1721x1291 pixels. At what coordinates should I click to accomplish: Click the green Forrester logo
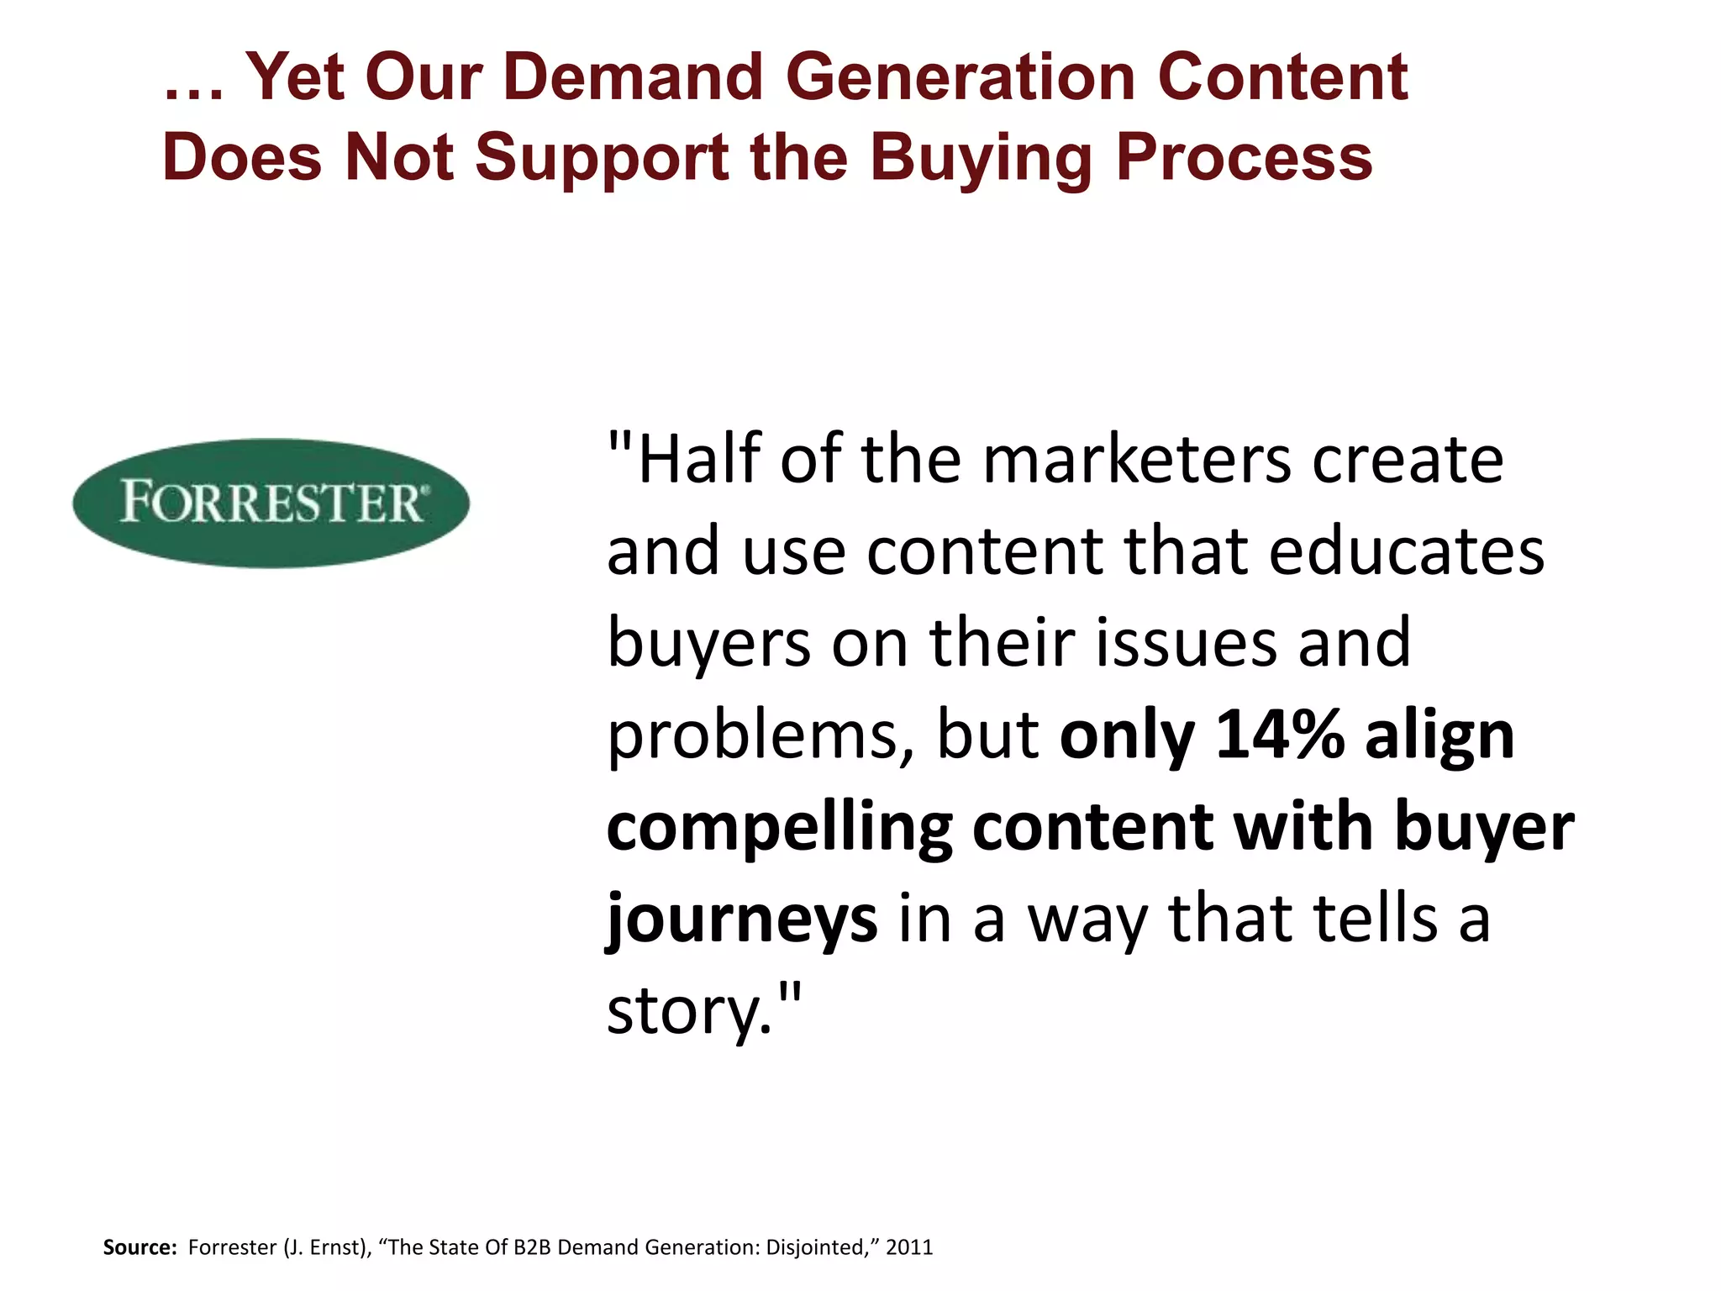pyautogui.click(x=271, y=503)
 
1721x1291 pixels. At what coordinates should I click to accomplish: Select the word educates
pyautogui.click(x=1406, y=551)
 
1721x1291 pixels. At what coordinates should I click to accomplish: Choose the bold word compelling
pyautogui.click(x=779, y=828)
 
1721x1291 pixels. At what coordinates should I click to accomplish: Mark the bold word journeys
pyautogui.click(x=742, y=920)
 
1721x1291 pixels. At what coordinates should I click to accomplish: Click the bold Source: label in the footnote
pyautogui.click(x=139, y=1247)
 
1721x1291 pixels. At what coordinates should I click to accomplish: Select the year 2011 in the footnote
pyautogui.click(x=909, y=1247)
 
